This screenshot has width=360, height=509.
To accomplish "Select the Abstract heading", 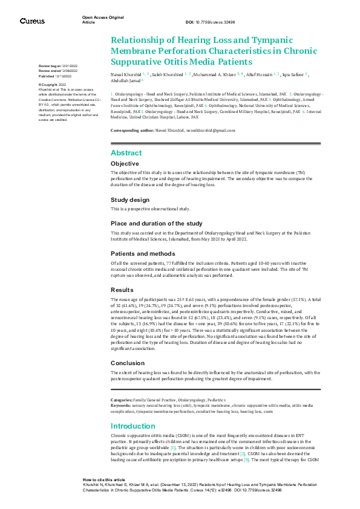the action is [126, 153].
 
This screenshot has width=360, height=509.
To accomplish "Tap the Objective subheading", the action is [125, 164].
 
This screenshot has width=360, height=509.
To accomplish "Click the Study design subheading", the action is [130, 199].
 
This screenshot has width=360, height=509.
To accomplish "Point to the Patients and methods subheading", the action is [142, 254].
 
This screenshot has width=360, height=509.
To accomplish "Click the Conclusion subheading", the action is [128, 363].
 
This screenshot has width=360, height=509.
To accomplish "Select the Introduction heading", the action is [133, 426].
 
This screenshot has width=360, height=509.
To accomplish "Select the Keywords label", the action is [121, 405].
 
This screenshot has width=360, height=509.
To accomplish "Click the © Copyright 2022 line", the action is [52, 85].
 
